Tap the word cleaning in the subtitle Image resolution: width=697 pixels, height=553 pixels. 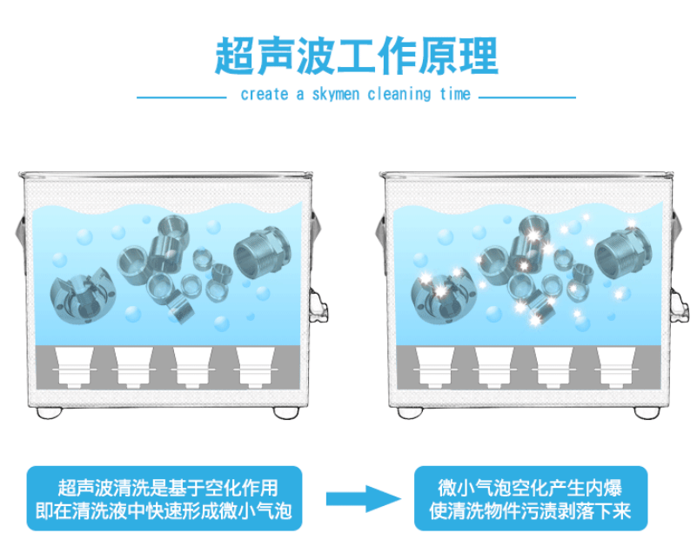(406, 95)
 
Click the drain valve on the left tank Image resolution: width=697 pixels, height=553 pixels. (318, 308)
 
